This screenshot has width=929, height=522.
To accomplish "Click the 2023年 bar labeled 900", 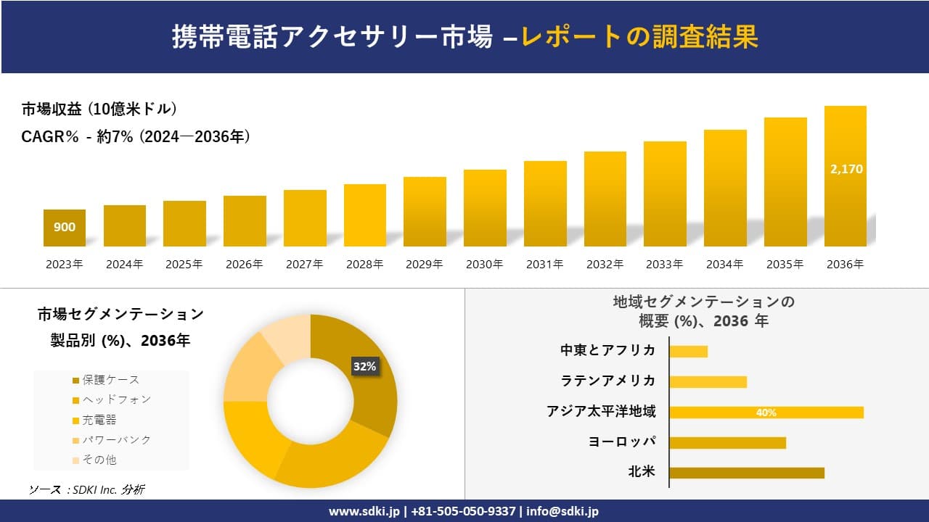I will tap(65, 228).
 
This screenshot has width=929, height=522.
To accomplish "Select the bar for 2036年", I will tap(845, 176).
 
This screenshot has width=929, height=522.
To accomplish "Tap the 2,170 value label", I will tap(846, 169).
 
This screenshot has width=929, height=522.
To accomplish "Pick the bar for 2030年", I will tap(485, 208).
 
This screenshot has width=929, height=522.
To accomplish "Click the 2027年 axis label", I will tap(304, 265).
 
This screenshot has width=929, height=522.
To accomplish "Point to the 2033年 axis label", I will tap(664, 265).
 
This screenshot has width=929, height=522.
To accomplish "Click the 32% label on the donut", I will tap(364, 366).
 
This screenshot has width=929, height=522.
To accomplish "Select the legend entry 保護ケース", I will tap(110, 380).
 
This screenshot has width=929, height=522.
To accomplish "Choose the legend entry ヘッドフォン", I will tap(115, 399).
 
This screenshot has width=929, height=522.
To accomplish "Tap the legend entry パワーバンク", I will tap(115, 439).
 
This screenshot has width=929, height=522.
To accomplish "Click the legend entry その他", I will tap(99, 460).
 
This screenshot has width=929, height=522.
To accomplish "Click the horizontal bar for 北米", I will tap(746, 473).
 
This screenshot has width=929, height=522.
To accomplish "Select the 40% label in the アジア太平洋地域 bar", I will tap(766, 413).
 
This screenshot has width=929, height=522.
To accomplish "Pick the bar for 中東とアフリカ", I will tap(688, 352).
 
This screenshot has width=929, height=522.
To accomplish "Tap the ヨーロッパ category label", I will tap(622, 442).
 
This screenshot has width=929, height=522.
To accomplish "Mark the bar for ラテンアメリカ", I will tap(708, 382).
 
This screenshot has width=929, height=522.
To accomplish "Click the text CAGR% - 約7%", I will tap(77, 136).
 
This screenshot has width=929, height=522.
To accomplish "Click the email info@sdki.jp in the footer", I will tap(562, 511).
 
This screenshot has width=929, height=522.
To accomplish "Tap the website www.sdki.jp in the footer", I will tap(362, 511).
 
